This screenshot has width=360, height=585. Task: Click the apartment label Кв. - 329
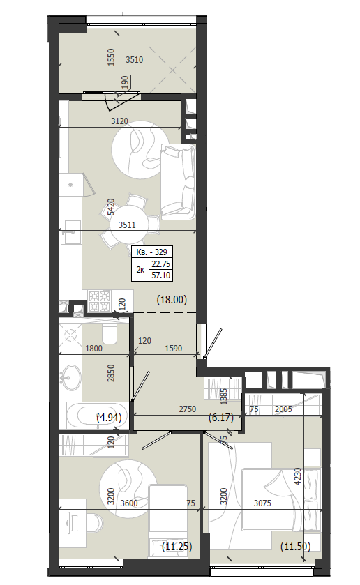[x=151, y=252]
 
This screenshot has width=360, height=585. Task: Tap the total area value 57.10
[x=161, y=275]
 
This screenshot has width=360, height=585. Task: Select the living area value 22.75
[x=161, y=264]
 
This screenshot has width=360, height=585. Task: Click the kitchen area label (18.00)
[x=172, y=299]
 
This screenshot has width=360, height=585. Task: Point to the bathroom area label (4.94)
[x=109, y=417]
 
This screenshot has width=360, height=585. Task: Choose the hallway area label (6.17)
[x=221, y=417]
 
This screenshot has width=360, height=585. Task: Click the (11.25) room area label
[x=177, y=547]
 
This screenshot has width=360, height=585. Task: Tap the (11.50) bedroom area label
[x=295, y=547]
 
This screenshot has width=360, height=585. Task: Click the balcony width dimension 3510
[x=135, y=60]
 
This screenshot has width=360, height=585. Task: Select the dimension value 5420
[x=111, y=207]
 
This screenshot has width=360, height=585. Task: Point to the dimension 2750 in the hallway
[x=188, y=409]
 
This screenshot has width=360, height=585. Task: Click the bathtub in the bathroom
[x=96, y=416]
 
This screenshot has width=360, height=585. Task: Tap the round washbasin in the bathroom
[x=70, y=377]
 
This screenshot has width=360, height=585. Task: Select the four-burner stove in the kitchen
[x=99, y=301]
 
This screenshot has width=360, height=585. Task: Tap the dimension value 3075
[x=262, y=503]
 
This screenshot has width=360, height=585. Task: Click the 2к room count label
[x=140, y=269]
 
